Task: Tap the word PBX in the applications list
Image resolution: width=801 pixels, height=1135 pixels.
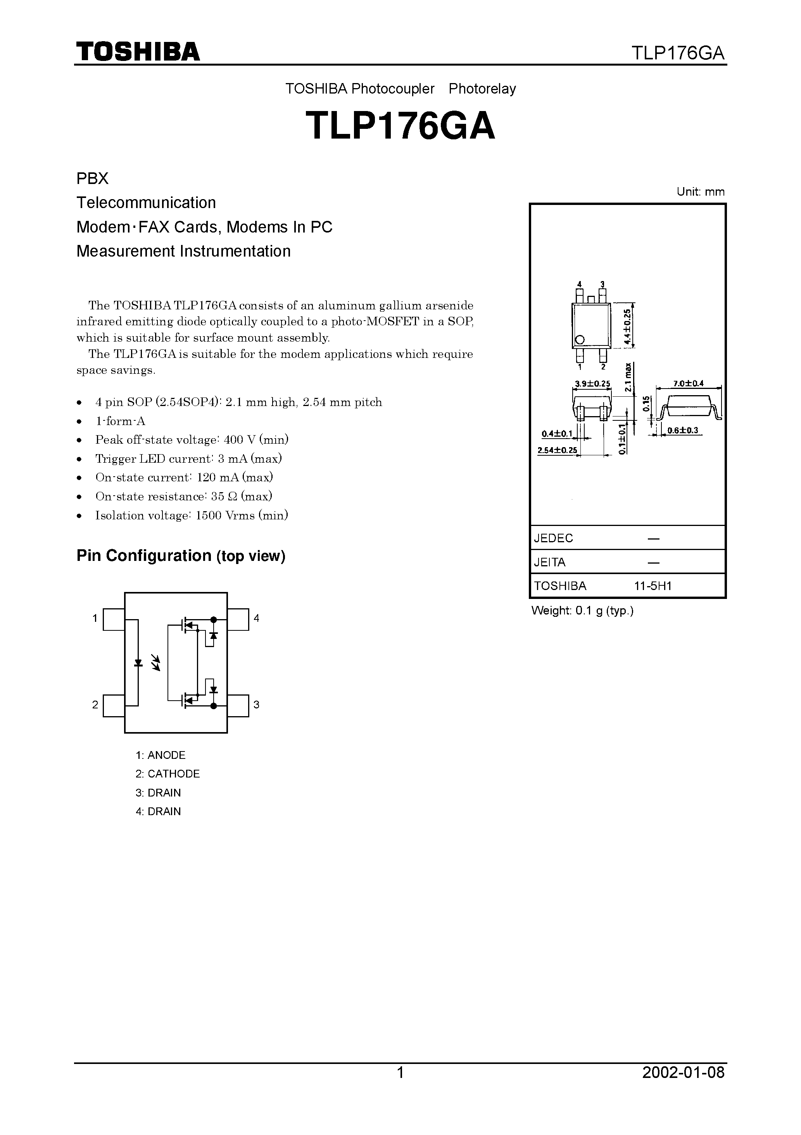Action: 92,179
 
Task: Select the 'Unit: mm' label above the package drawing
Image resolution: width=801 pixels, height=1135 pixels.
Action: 700,192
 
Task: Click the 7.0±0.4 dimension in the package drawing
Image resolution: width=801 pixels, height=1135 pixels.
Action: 688,383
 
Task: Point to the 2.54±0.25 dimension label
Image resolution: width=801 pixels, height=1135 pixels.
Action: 557,450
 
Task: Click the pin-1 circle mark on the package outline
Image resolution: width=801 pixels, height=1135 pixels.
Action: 580,340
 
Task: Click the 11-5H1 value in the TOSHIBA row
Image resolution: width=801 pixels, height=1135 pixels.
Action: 653,586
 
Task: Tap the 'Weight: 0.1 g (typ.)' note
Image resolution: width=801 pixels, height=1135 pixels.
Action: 582,611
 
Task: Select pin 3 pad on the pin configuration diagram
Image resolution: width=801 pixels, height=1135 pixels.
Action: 238,705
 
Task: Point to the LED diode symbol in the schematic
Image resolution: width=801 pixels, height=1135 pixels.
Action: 138,663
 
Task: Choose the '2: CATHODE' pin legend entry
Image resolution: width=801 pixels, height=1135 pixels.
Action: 167,774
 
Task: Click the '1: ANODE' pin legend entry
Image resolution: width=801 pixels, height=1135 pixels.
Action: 161,755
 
